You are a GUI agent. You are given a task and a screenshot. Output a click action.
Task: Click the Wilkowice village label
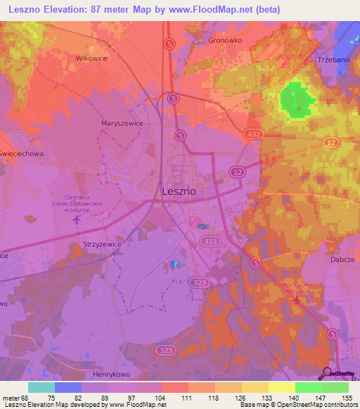tap(92, 58)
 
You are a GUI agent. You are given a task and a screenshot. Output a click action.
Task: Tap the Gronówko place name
tap(225, 41)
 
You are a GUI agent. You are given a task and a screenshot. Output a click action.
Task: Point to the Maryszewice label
tap(122, 123)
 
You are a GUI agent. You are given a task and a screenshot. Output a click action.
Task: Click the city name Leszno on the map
tap(179, 190)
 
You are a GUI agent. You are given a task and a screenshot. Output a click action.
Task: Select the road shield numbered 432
tap(255, 133)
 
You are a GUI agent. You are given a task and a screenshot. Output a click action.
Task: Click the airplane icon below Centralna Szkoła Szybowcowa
tap(77, 220)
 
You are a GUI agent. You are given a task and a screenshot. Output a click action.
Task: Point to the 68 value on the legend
tap(27, 398)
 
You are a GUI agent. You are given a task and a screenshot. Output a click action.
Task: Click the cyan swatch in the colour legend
tap(41, 387)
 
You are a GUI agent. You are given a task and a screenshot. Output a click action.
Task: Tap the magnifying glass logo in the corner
tap(326, 372)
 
